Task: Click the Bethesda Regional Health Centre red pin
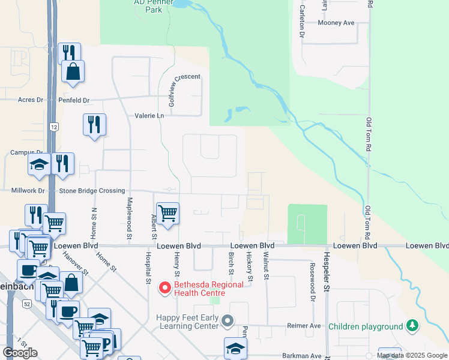tap(164, 289)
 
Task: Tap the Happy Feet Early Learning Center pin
tap(227, 322)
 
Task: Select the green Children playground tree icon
tap(411, 326)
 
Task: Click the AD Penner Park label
tap(148, 6)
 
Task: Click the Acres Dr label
tap(31, 100)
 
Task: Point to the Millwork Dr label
tap(28, 191)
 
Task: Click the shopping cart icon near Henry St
tap(168, 212)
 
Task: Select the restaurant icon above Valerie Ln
tap(94, 124)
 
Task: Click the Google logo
tap(20, 353)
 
